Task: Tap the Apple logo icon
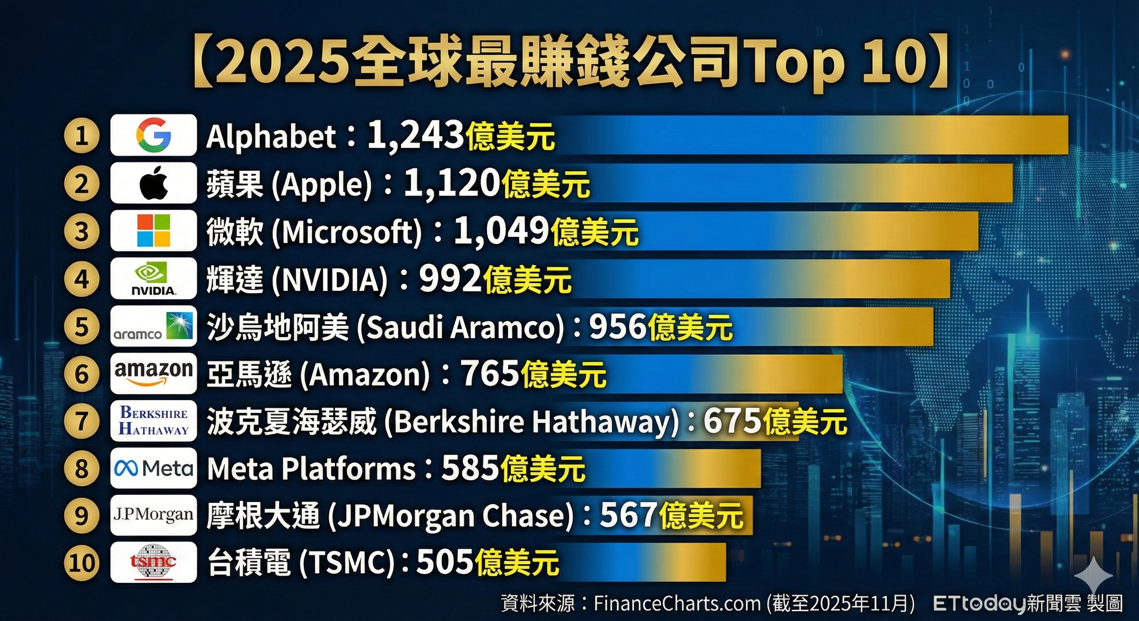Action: click(x=153, y=183)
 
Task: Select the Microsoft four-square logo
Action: click(x=153, y=231)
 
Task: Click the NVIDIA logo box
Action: click(x=153, y=279)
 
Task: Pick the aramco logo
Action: click(x=153, y=327)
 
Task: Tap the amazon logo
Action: click(x=153, y=374)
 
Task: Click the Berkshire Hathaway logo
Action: click(x=153, y=421)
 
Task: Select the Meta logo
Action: click(x=153, y=468)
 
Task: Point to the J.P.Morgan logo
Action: click(x=153, y=515)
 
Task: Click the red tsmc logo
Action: click(x=153, y=562)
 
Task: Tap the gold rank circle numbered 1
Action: click(x=81, y=135)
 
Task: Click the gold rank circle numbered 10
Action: click(x=81, y=563)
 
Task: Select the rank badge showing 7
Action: click(x=81, y=421)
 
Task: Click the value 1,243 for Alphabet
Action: click(x=415, y=135)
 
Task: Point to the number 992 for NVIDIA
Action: click(x=450, y=279)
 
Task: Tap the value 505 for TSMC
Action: click(x=445, y=562)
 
